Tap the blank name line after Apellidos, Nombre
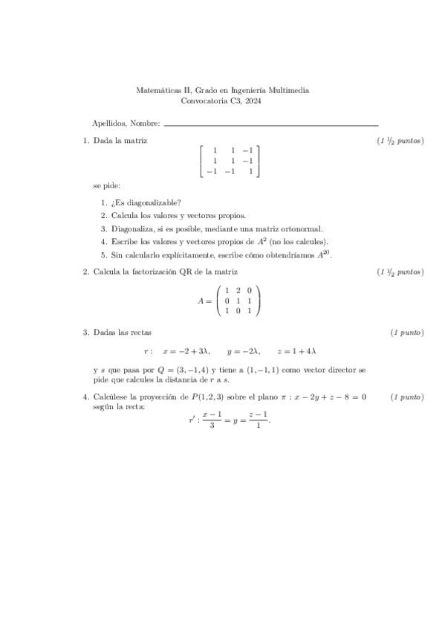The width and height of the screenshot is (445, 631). point(270,124)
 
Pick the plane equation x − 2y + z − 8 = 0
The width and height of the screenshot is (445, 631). point(328,398)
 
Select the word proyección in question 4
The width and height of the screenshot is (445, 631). point(163,398)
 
